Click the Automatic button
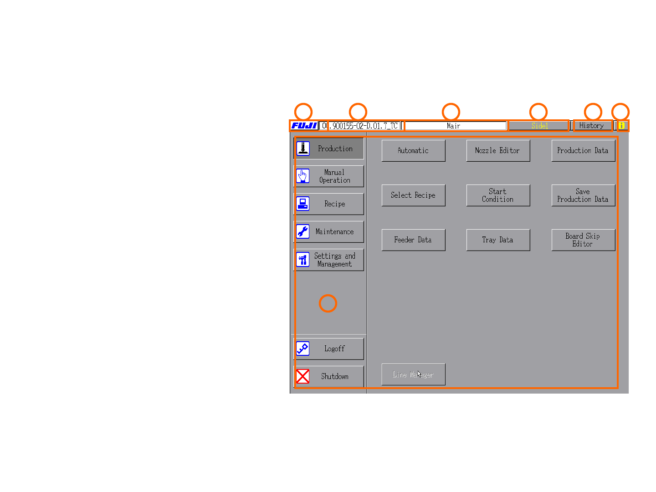click(413, 151)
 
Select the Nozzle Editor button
click(498, 151)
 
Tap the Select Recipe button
click(413, 195)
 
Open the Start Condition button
click(498, 195)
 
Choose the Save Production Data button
click(583, 195)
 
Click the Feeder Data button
click(413, 240)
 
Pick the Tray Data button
click(498, 240)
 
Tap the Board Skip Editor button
click(583, 240)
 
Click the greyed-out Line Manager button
click(413, 374)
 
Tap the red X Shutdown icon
click(303, 376)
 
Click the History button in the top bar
click(591, 126)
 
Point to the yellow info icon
click(621, 126)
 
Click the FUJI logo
click(304, 126)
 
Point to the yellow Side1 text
click(539, 126)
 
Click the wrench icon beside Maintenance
click(303, 231)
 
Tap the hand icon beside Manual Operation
click(303, 176)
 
